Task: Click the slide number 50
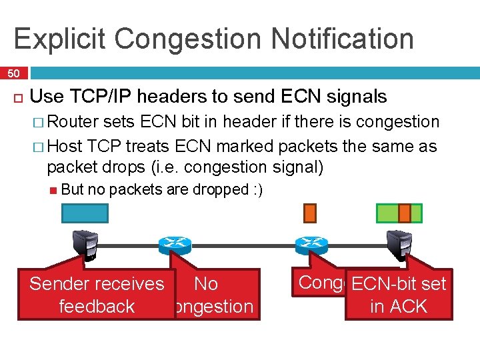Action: pyautogui.click(x=13, y=73)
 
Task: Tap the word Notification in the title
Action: pyautogui.click(x=347, y=38)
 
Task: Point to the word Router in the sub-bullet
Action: pyautogui.click(x=73, y=121)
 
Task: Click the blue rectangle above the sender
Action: pyautogui.click(x=85, y=213)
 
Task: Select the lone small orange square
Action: pyautogui.click(x=310, y=212)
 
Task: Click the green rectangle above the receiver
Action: pyautogui.click(x=399, y=213)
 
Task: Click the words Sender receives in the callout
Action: pyautogui.click(x=97, y=284)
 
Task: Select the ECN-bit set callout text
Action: pyautogui.click(x=398, y=284)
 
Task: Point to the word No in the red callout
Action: pyautogui.click(x=206, y=284)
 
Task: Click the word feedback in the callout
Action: pyautogui.click(x=97, y=307)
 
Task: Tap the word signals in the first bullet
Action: pyautogui.click(x=354, y=97)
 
